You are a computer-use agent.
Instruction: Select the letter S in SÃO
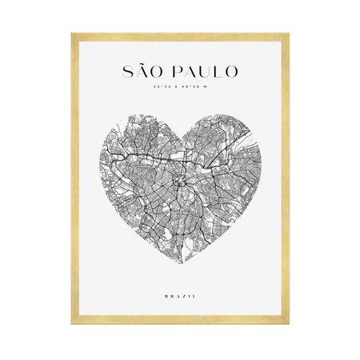[128, 71]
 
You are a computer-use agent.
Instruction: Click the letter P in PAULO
[174, 71]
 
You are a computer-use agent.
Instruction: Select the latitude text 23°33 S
[167, 87]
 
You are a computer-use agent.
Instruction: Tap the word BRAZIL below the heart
[180, 297]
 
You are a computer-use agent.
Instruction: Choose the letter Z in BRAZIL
[182, 297]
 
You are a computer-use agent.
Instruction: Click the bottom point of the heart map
[180, 266]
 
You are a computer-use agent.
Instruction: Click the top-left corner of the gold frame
[73, 34]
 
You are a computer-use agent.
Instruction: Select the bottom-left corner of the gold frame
[73, 322]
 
